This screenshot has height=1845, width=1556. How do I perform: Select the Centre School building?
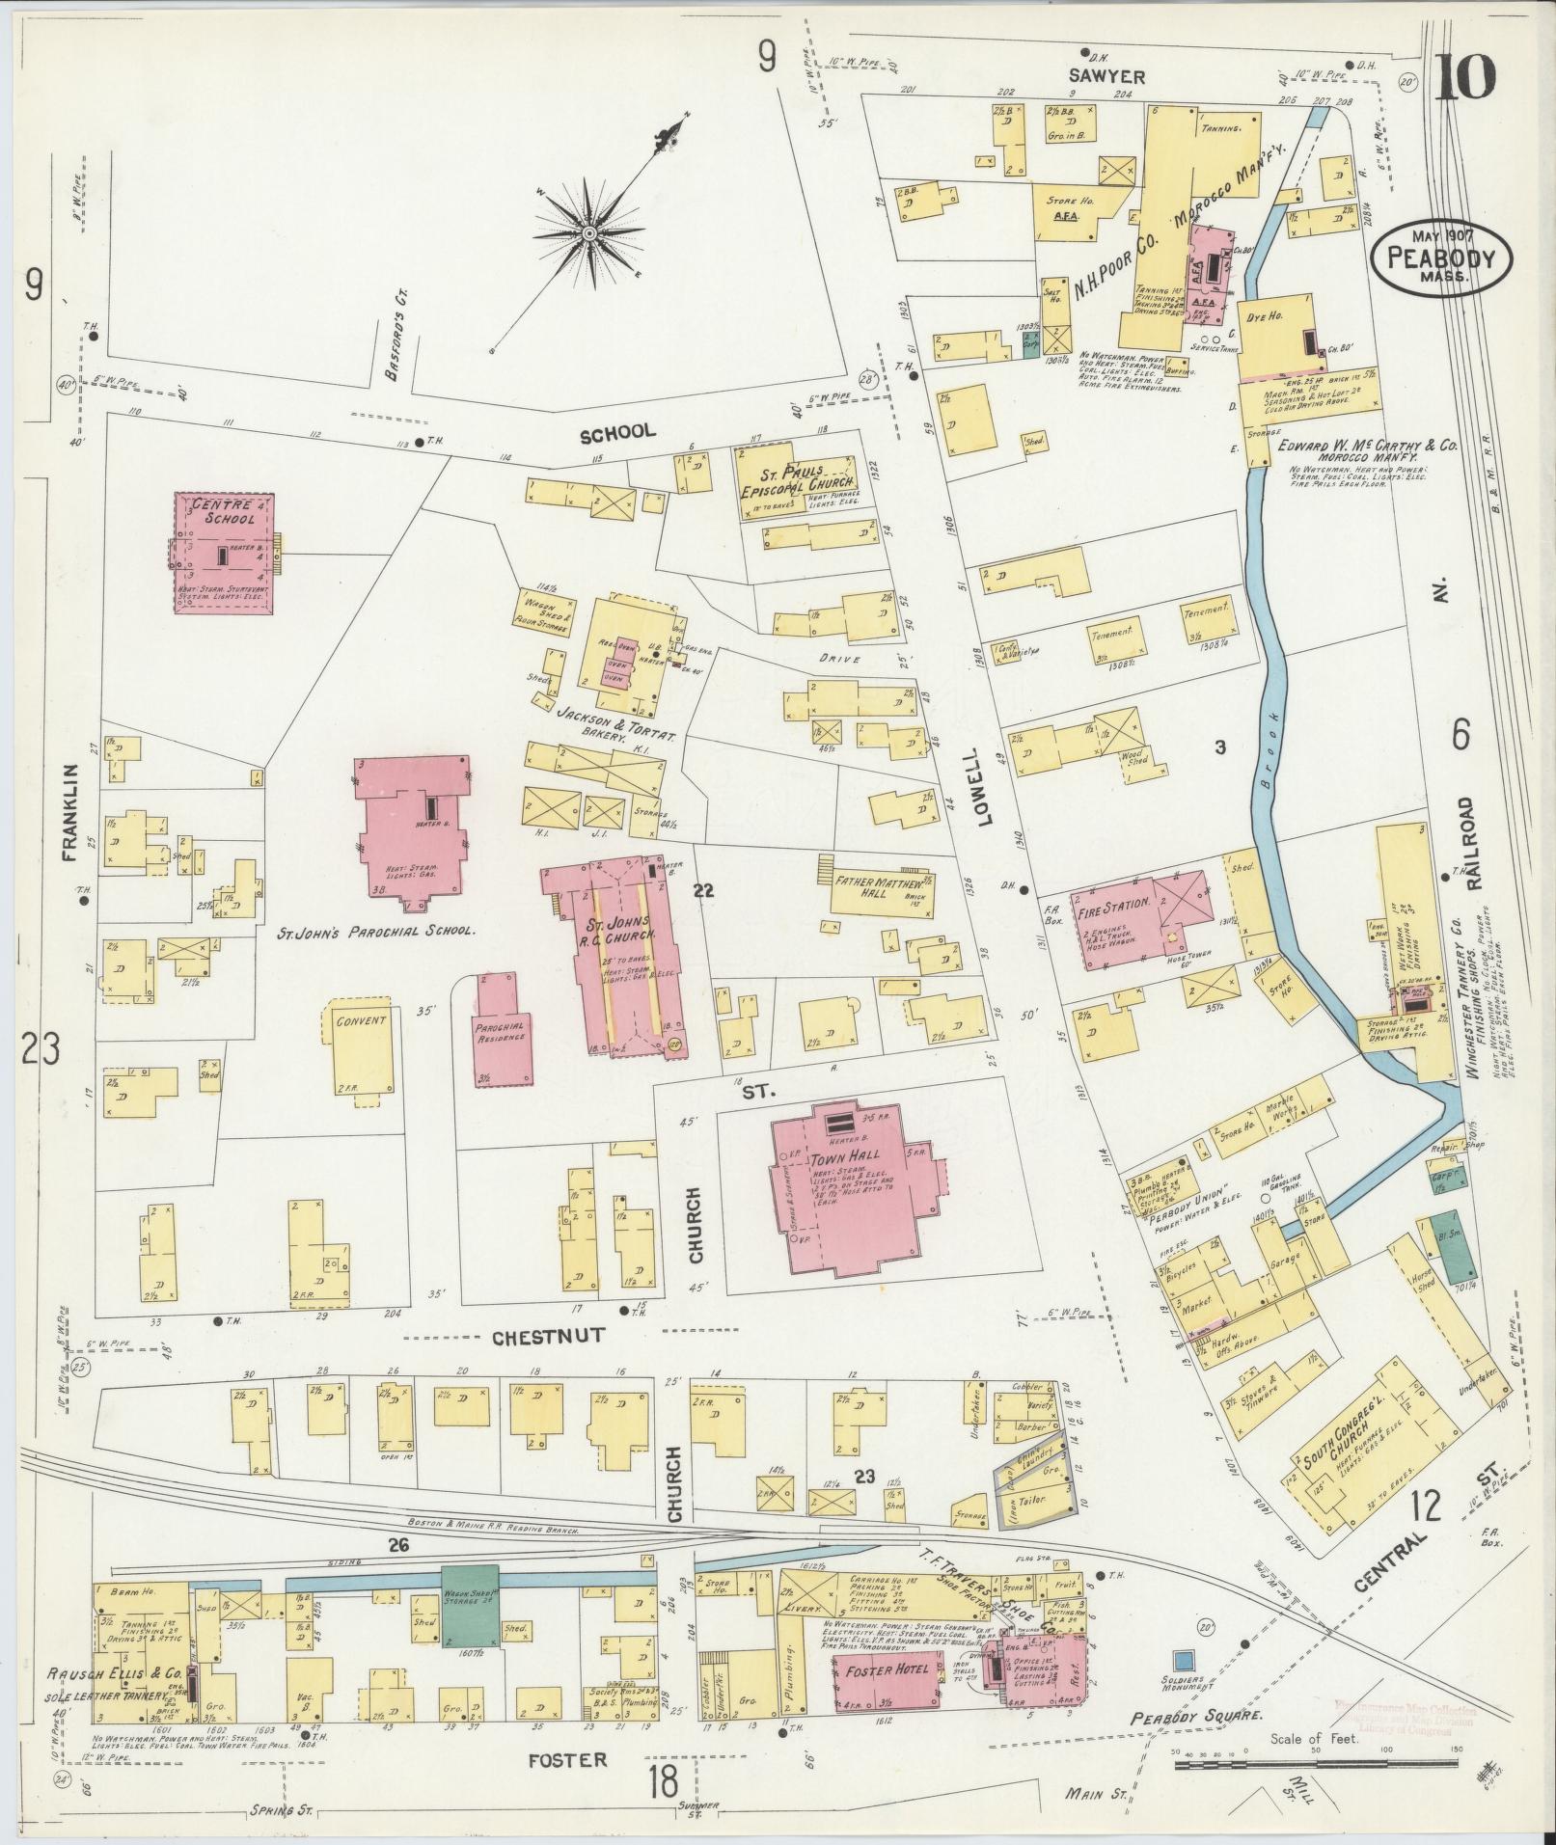point(223,552)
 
